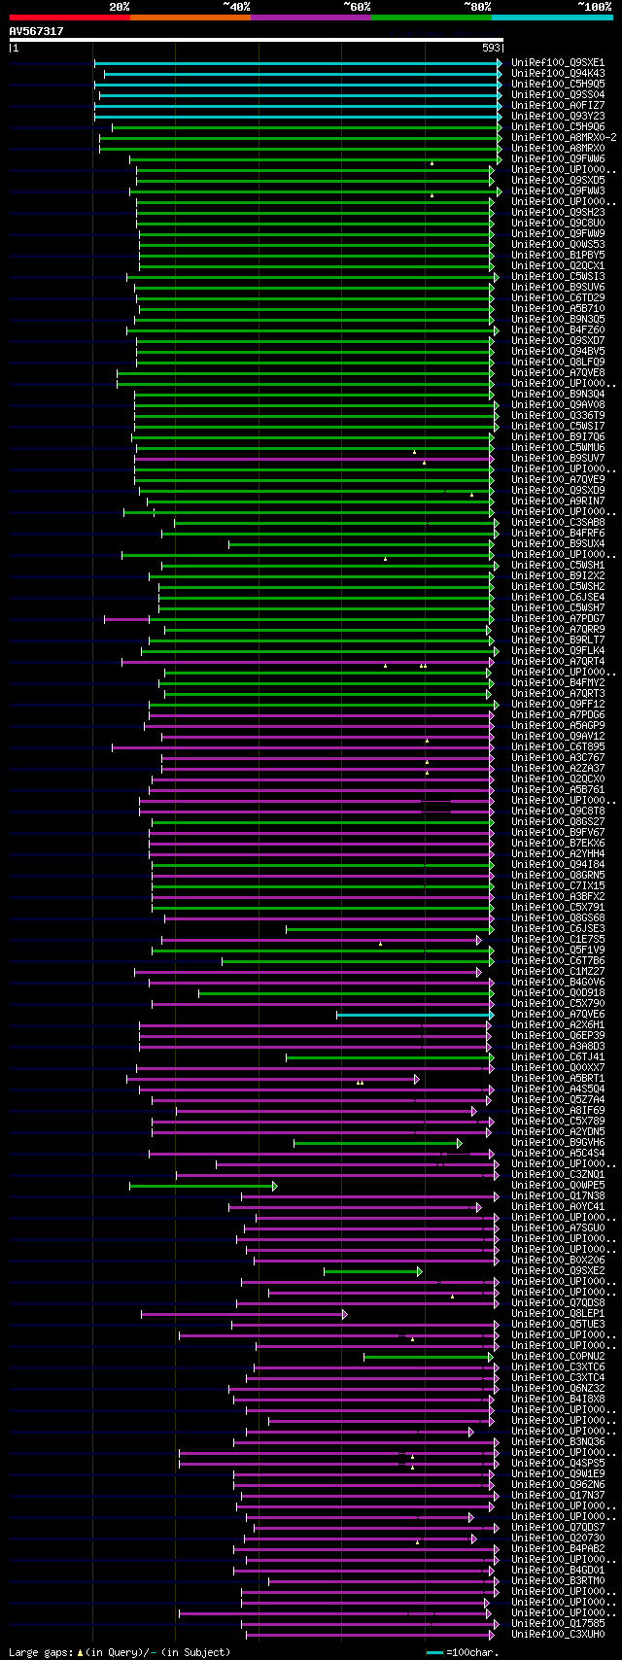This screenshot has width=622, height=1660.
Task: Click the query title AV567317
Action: [x=37, y=31]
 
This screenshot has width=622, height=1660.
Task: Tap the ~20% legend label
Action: [x=120, y=7]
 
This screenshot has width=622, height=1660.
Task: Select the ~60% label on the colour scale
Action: [x=357, y=7]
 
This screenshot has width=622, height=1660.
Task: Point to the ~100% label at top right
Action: [x=595, y=7]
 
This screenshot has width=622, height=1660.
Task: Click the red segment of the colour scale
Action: [x=69, y=17]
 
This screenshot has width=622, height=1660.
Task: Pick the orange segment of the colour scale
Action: [x=190, y=17]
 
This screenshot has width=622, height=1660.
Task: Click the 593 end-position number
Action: [x=492, y=47]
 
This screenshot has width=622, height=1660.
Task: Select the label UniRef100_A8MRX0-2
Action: [x=564, y=138]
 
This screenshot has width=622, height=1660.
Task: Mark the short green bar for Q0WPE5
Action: [x=202, y=1186]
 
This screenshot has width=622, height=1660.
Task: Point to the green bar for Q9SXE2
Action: [x=372, y=1271]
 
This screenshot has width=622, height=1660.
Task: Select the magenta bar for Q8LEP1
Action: [x=243, y=1314]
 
